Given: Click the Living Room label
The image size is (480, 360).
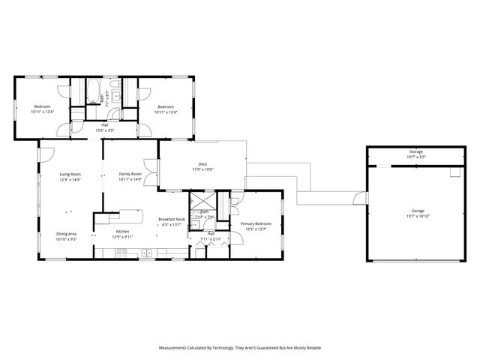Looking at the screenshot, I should (x=70, y=174).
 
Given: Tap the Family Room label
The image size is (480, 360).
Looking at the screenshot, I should (x=130, y=174).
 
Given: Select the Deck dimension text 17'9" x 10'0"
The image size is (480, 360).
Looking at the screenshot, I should (x=202, y=169).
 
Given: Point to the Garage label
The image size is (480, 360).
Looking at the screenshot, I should (x=416, y=211).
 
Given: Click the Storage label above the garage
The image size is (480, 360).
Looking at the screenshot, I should (x=416, y=152).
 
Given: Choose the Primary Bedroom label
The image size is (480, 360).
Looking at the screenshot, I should (x=255, y=223).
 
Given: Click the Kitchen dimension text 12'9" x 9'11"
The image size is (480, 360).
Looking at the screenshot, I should (x=122, y=237).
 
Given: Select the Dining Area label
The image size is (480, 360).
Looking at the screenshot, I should (x=66, y=234).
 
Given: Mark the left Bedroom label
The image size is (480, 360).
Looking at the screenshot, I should (x=42, y=106).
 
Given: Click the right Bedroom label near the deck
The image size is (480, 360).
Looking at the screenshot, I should (x=166, y=106).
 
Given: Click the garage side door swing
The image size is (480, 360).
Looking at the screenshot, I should (x=361, y=198).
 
